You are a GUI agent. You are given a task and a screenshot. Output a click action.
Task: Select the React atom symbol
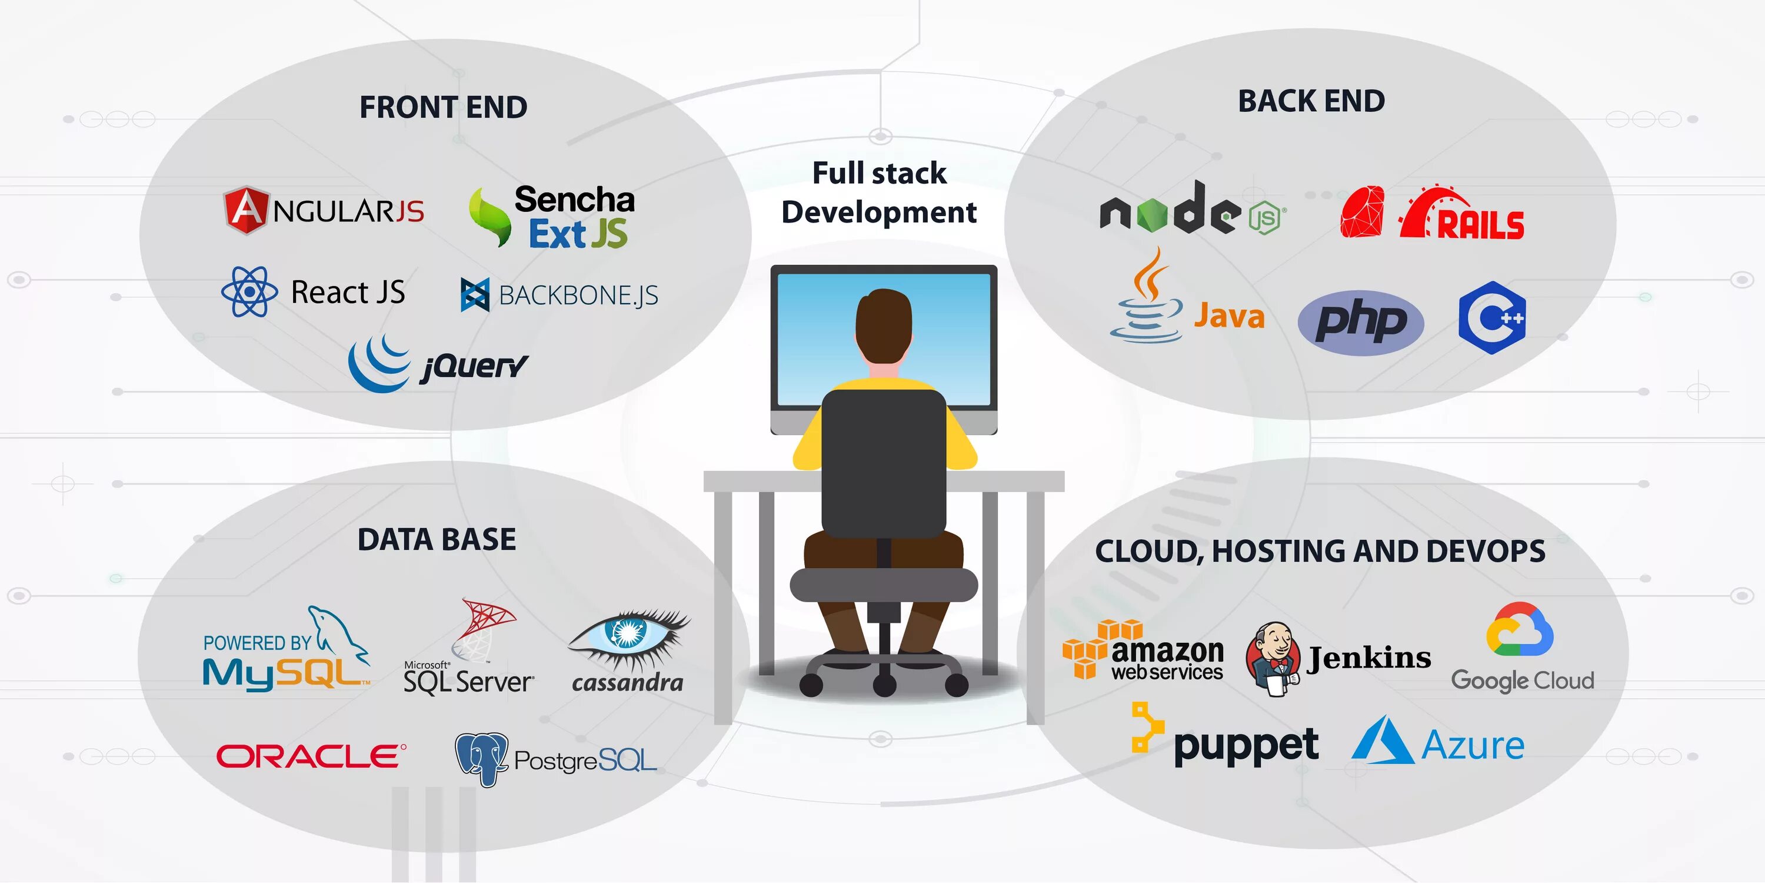point(249,292)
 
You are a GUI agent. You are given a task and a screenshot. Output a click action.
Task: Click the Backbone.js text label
point(578,296)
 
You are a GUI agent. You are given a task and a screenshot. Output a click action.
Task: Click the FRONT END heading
point(443,108)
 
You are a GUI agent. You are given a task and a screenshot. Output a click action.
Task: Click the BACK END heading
point(1311,101)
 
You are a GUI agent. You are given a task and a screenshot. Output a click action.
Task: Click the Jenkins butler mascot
point(1273,659)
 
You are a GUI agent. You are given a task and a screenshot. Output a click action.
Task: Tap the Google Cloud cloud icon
point(1519,629)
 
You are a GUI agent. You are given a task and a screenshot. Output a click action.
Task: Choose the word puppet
point(1246,746)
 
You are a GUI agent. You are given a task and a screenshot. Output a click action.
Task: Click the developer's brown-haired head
point(884,328)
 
